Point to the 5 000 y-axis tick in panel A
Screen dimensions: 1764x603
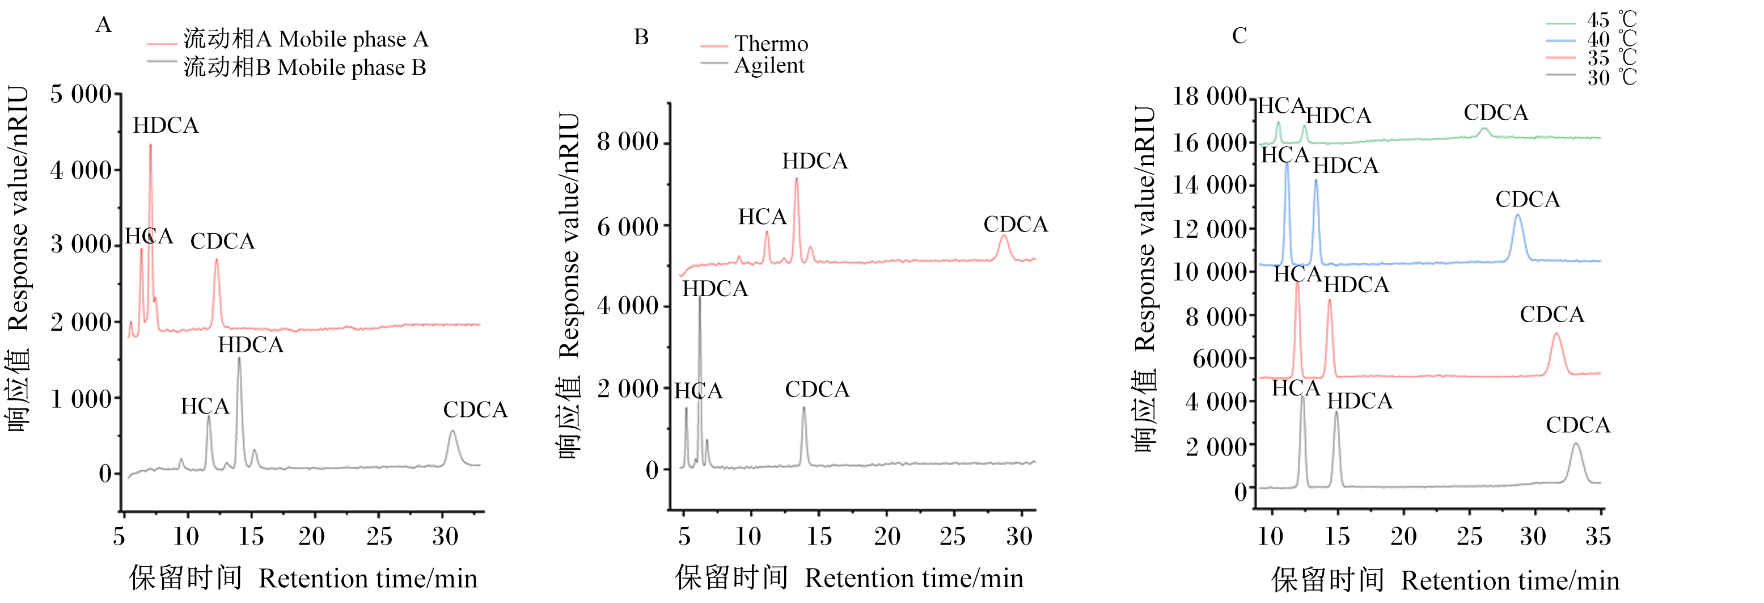[x=81, y=94]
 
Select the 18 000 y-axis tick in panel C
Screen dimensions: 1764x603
[x=1209, y=96]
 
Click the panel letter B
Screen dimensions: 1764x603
[x=641, y=37]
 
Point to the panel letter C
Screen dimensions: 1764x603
[x=1240, y=36]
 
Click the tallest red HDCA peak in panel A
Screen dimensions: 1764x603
[x=151, y=145]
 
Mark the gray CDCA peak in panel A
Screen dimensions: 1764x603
[x=452, y=432]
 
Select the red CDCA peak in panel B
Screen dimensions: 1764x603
[x=1004, y=237]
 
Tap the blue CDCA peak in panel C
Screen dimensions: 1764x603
[x=1517, y=216]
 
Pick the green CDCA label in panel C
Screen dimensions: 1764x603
[x=1496, y=112]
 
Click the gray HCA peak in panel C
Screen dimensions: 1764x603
[x=1302, y=396]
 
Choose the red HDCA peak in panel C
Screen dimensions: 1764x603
[x=1329, y=301]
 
